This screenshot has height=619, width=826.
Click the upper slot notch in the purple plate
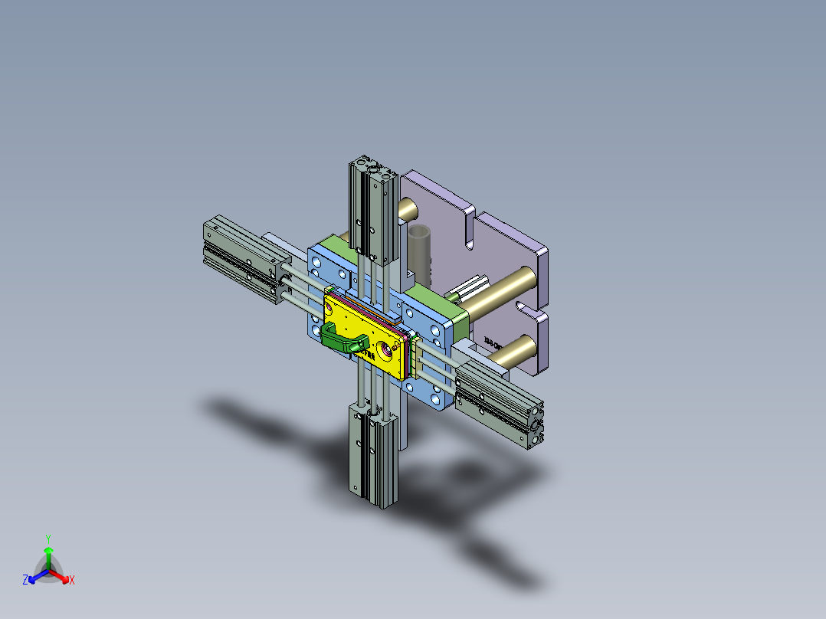468,230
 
